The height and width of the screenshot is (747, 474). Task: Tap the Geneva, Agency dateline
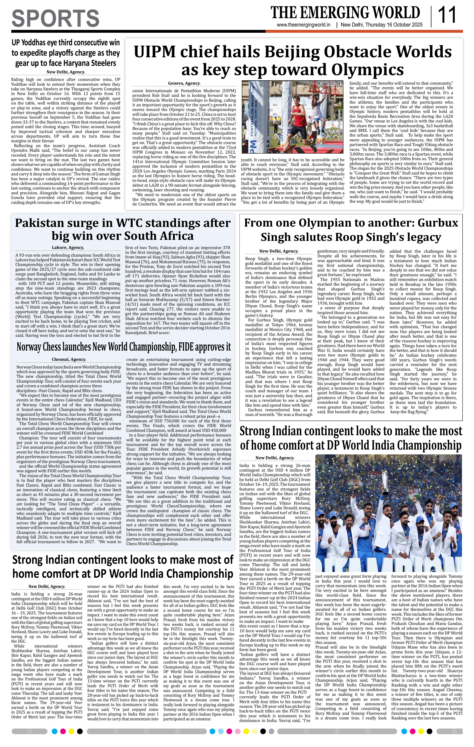tap(184, 83)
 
